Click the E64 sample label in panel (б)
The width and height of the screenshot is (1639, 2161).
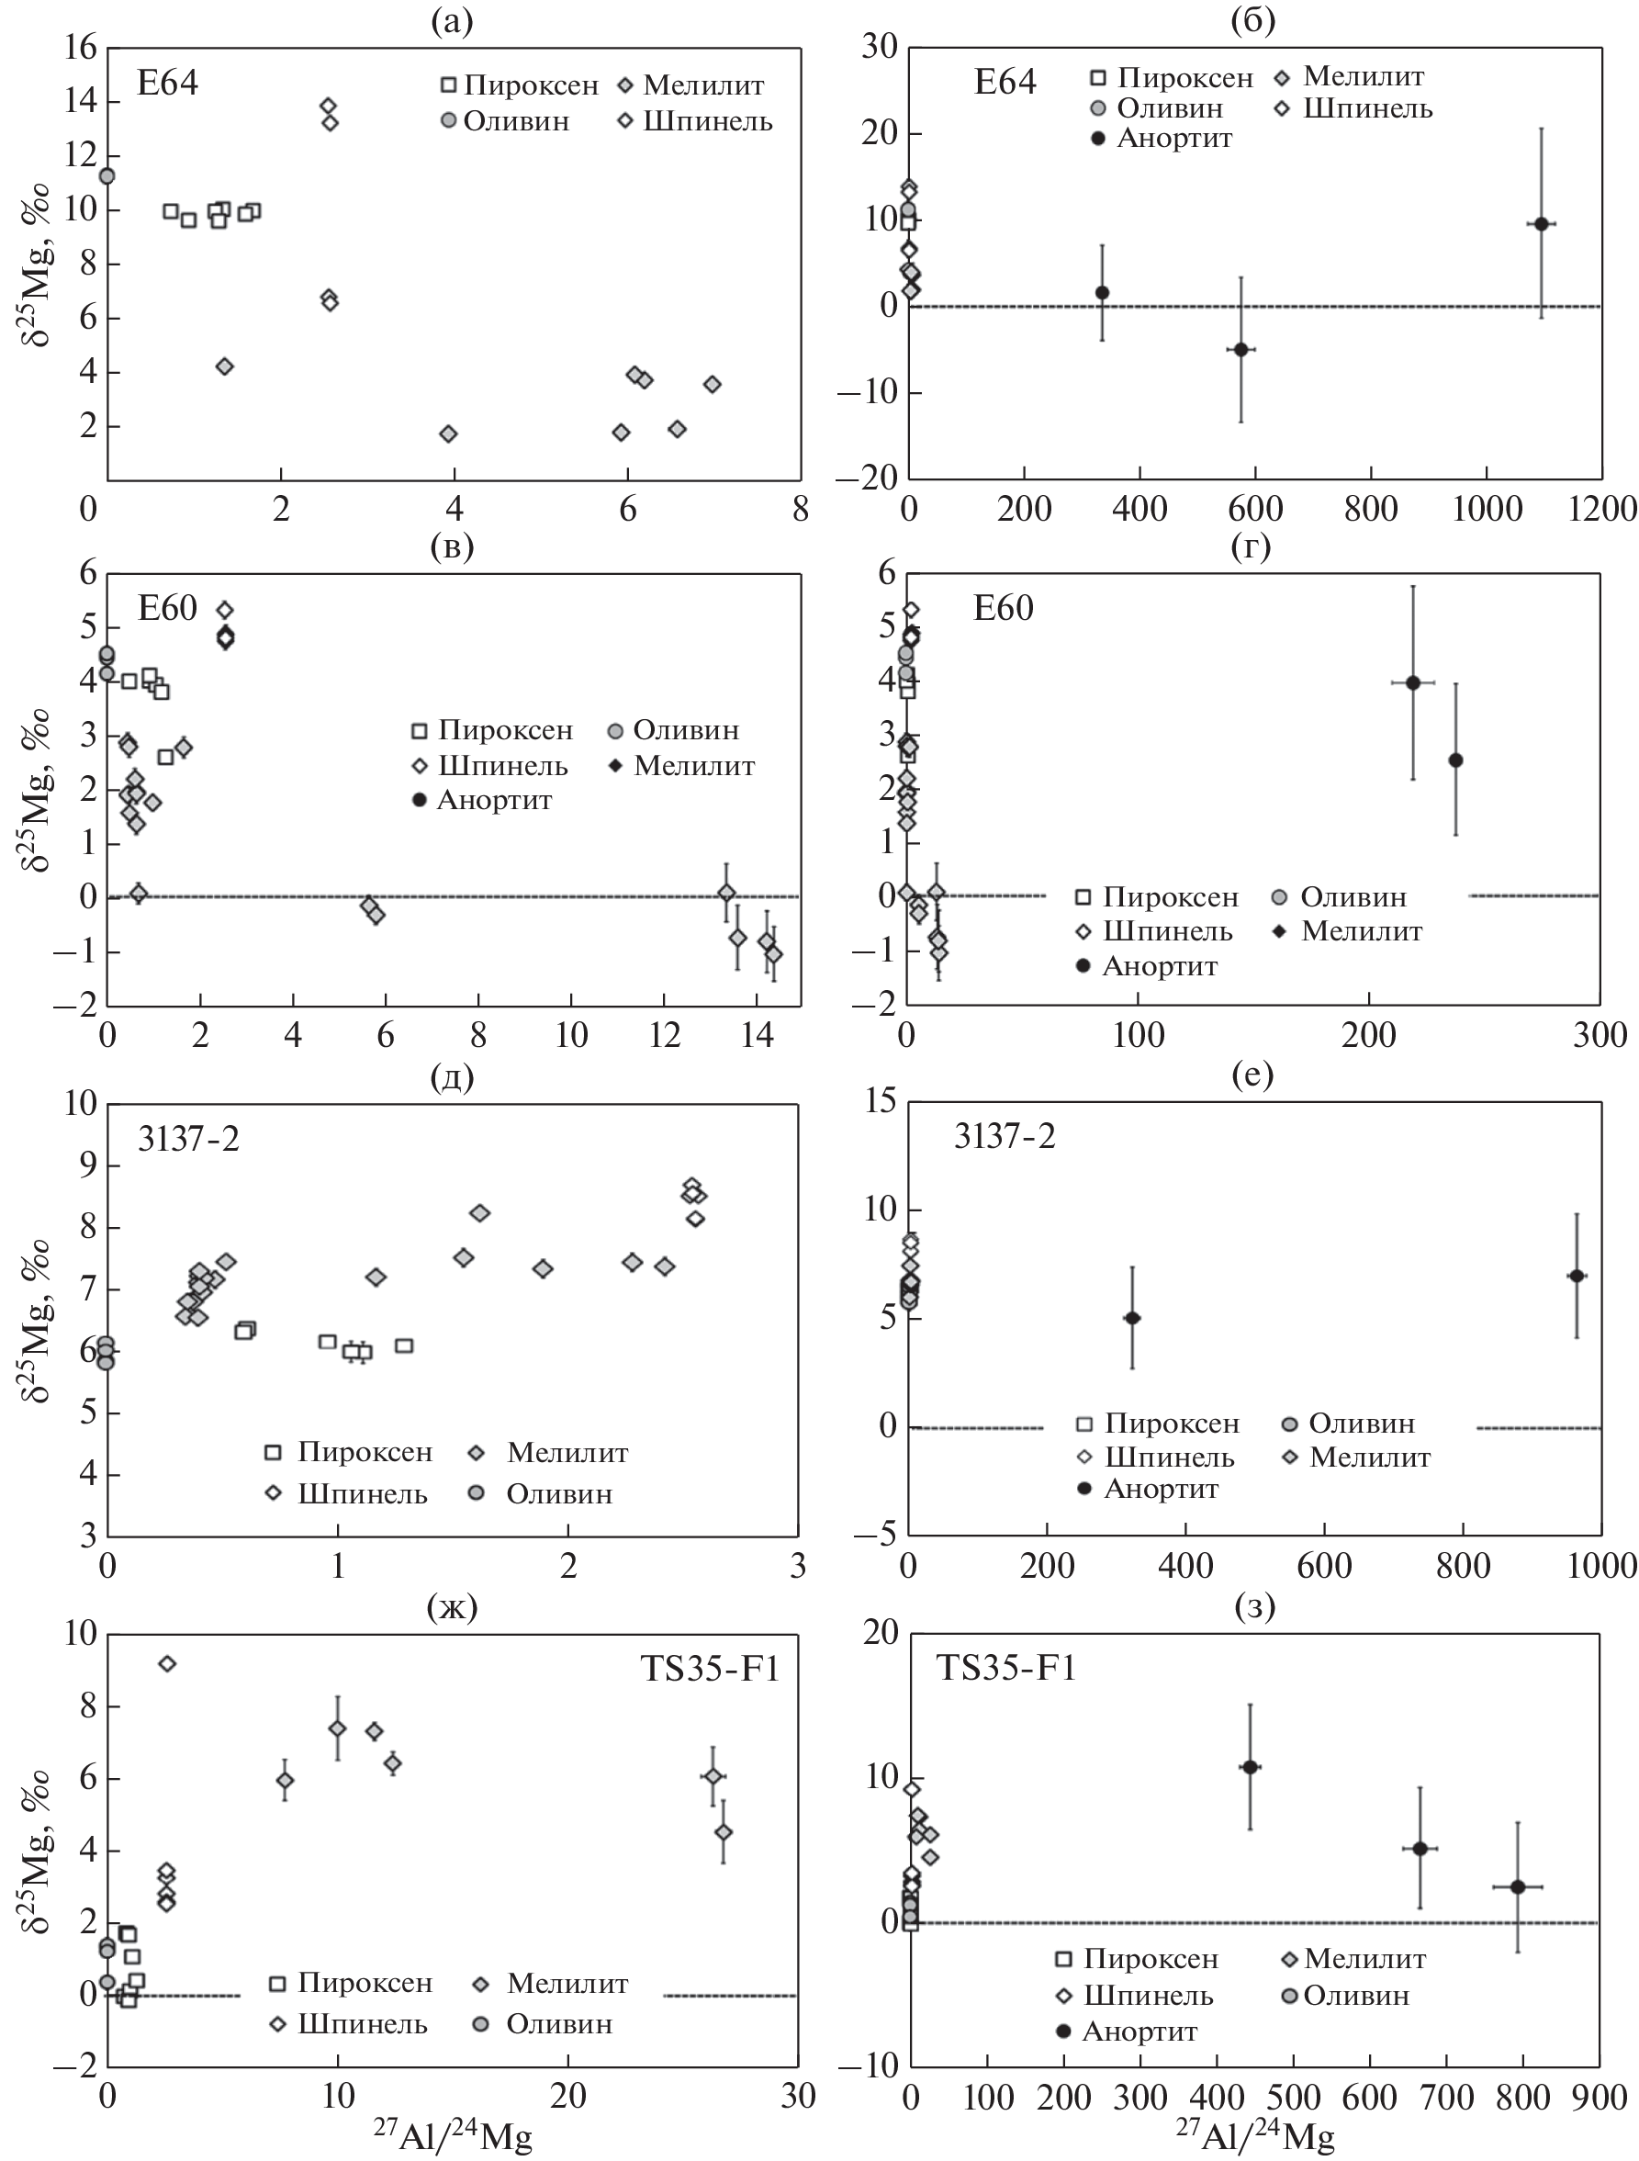(1005, 82)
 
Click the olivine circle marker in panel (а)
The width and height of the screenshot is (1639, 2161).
(107, 175)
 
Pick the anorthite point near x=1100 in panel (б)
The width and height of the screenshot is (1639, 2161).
(1542, 224)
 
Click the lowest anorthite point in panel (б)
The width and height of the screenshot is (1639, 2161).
(1240, 349)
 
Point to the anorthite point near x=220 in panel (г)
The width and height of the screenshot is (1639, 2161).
(1412, 681)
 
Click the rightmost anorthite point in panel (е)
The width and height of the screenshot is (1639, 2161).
(1576, 1276)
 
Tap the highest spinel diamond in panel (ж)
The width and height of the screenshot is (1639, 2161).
(167, 1664)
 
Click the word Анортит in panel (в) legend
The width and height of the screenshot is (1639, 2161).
(494, 800)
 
